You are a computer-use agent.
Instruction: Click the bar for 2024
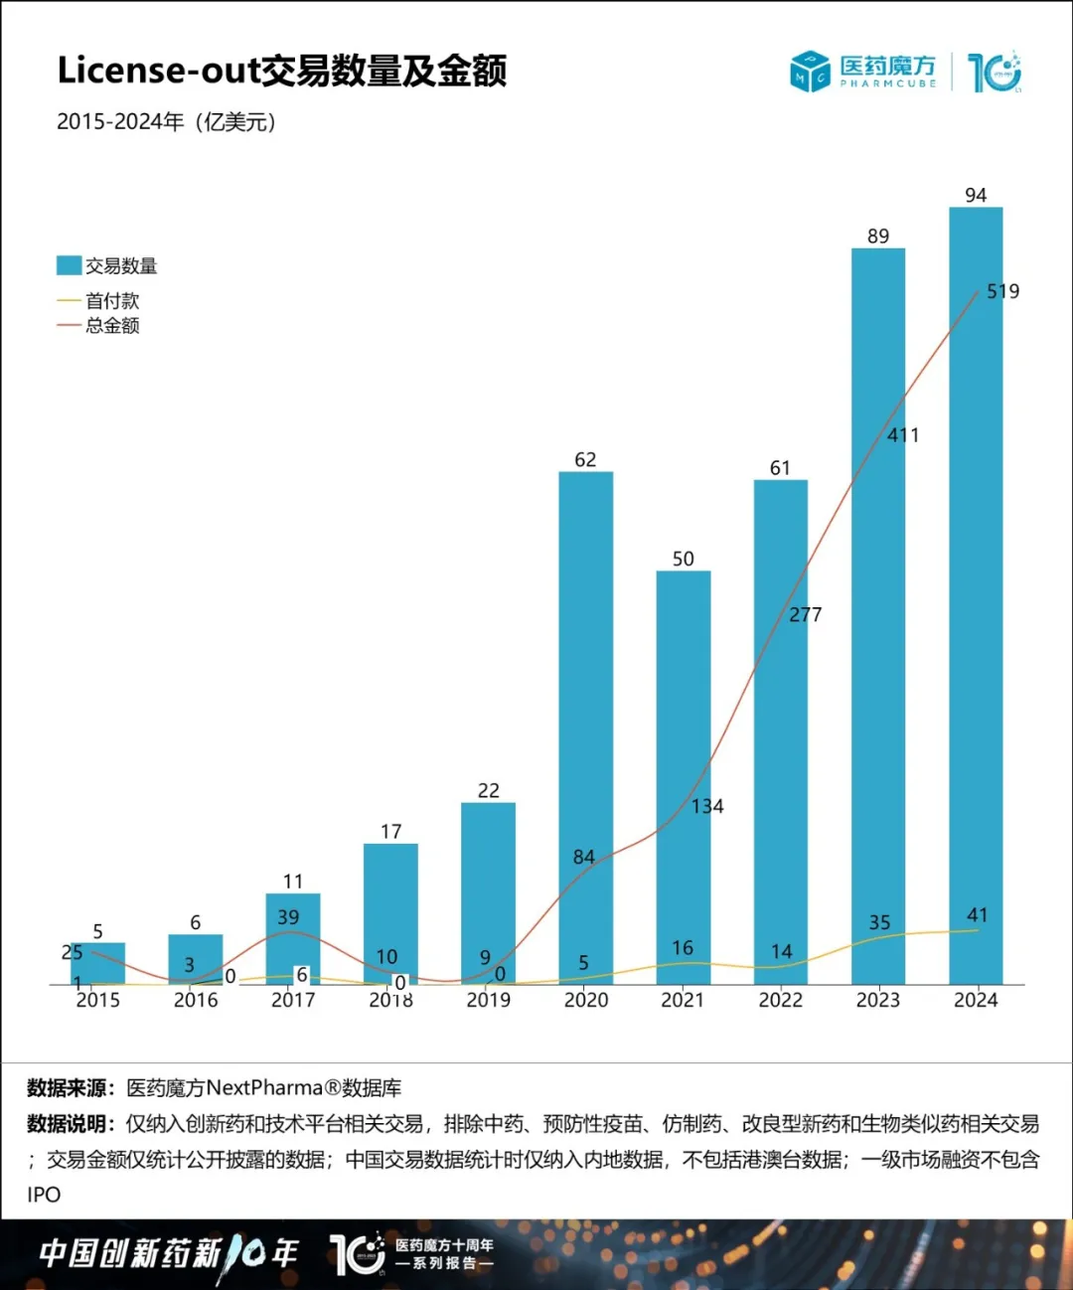click(x=976, y=596)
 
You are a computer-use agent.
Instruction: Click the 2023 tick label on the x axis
click(x=878, y=1001)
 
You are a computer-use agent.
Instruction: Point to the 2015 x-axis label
click(x=97, y=1001)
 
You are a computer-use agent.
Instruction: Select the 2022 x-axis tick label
click(x=780, y=1001)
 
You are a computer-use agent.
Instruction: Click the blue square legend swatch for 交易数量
click(x=69, y=265)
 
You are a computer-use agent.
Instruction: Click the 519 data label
click(x=1002, y=291)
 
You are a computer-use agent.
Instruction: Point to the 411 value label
click(x=903, y=435)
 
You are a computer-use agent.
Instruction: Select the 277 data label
click(x=805, y=615)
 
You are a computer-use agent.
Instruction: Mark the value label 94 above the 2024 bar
click(x=976, y=195)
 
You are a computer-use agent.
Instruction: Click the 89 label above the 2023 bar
click(x=878, y=237)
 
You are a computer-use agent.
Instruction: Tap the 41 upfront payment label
click(x=977, y=915)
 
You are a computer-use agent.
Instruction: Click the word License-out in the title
click(x=158, y=71)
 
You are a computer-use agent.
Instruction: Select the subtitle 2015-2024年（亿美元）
click(x=166, y=122)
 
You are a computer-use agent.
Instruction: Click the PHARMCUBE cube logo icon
click(x=810, y=72)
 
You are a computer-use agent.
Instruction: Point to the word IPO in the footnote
click(x=44, y=1195)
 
